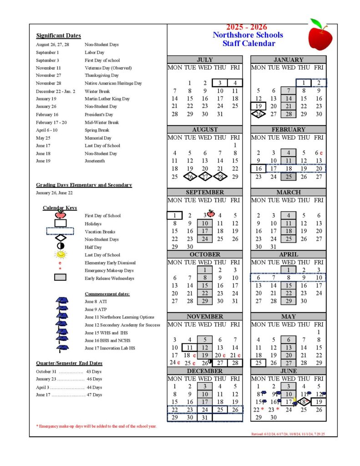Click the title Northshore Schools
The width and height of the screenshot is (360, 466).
(x=248, y=35)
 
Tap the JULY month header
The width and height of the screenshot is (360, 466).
(x=204, y=60)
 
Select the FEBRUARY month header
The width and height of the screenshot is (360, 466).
(x=288, y=130)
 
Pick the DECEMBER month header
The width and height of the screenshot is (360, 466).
(x=204, y=371)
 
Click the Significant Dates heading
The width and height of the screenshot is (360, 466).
(x=58, y=35)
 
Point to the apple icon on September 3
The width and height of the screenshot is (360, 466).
(x=210, y=213)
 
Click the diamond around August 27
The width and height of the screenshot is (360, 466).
(x=205, y=177)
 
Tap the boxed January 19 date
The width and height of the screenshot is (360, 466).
(x=258, y=106)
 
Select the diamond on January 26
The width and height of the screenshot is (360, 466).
(x=258, y=114)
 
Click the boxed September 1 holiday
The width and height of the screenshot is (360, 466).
(x=174, y=215)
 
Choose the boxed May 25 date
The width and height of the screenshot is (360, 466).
(x=258, y=363)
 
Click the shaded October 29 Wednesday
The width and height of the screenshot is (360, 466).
(x=205, y=301)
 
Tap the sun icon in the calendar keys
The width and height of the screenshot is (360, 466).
(x=60, y=255)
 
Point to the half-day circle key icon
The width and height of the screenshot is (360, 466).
(x=60, y=247)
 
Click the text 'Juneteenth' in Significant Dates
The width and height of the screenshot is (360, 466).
(x=95, y=161)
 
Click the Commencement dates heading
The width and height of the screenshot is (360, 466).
(x=107, y=294)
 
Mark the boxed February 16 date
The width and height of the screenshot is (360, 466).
(x=258, y=168)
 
